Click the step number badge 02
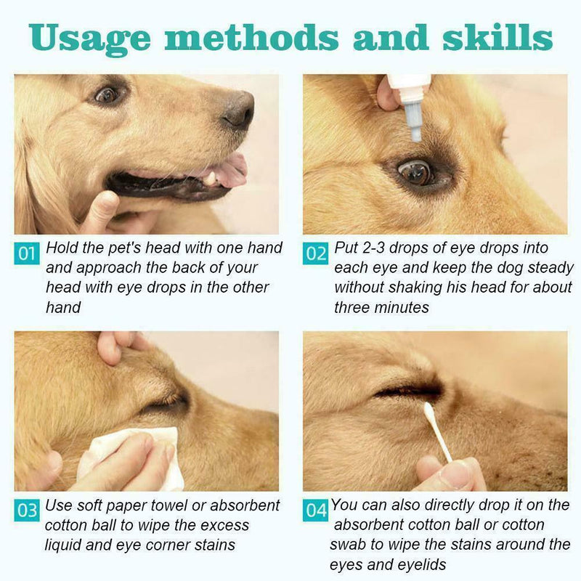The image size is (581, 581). pos(316,253)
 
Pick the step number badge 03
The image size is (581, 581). pos(27,511)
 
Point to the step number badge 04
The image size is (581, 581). pos(316,511)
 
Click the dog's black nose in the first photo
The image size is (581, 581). pos(238,110)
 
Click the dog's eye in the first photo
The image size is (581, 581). pos(107,94)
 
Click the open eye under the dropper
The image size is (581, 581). pos(417,171)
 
